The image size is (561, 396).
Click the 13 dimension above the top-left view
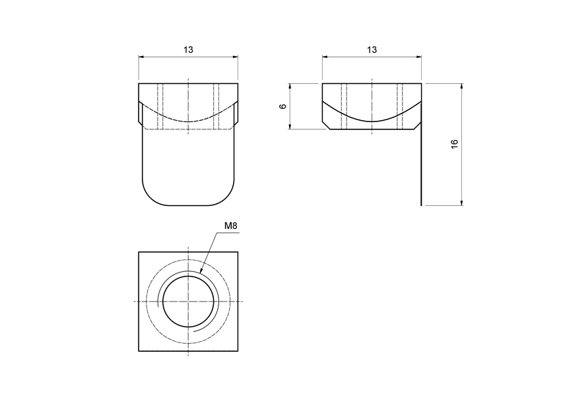click(189, 50)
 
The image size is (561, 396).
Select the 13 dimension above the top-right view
click(372, 50)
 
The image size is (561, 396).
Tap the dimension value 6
click(283, 106)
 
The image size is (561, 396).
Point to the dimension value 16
click(455, 145)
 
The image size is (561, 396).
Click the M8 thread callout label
click(230, 226)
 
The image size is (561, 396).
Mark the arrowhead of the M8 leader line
click(201, 273)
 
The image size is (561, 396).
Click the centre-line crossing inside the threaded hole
click(188, 302)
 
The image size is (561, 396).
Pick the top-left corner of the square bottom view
click(139, 252)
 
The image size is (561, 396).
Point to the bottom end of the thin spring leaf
click(421, 205)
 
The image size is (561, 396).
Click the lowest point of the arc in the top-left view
click(188, 122)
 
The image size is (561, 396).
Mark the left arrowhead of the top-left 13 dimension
click(141, 57)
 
